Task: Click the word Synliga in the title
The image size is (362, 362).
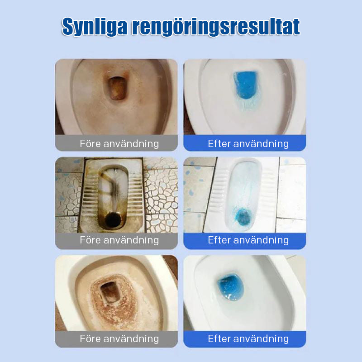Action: pos(95,27)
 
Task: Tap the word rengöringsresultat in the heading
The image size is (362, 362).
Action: pos(216,27)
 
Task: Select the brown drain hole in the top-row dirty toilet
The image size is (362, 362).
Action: pos(117,88)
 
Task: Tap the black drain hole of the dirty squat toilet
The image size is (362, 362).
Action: pos(112,219)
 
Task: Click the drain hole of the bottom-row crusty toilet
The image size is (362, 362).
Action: pos(109,292)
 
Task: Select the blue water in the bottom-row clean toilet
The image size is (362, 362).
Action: pos(231,287)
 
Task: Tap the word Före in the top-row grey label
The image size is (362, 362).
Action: pos(90,143)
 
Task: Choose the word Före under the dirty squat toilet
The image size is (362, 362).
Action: pos(90,240)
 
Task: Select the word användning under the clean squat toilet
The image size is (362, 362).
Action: pos(261,240)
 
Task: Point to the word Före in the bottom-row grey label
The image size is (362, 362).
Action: pos(90,338)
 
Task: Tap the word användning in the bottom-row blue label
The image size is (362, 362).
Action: pos(261,338)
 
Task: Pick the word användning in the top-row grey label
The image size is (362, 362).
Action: pos(131,143)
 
